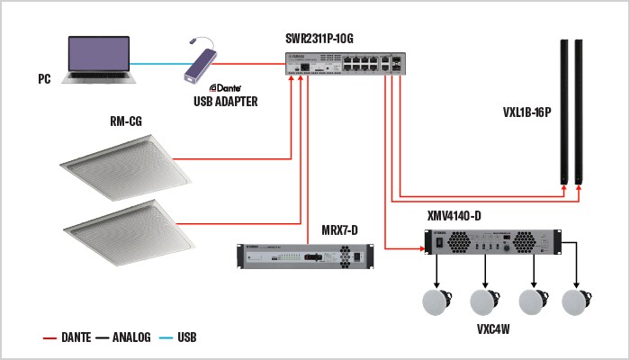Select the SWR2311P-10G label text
[x=316, y=40]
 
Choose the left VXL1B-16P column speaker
[x=564, y=112]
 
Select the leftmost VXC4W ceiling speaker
[x=438, y=303]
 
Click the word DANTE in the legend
[x=81, y=338]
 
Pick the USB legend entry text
[x=186, y=338]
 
